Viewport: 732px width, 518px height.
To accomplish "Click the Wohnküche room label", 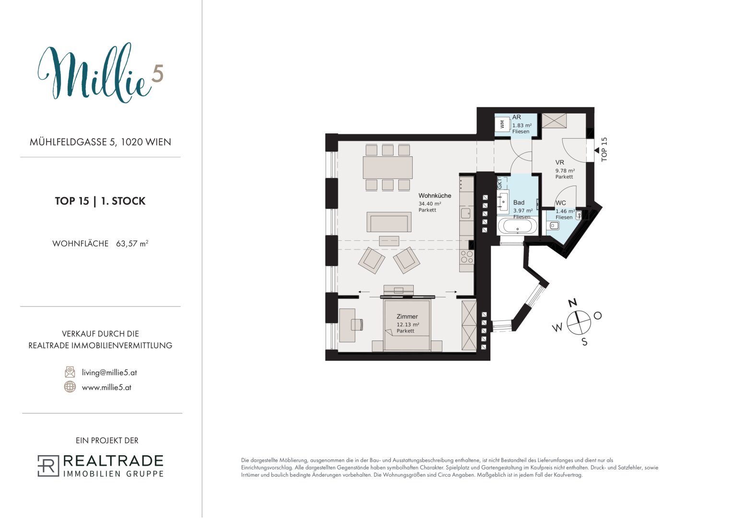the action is [x=435, y=196].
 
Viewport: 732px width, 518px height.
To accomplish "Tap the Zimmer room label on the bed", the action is [x=407, y=317].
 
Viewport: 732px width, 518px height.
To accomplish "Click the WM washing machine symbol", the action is [x=502, y=124].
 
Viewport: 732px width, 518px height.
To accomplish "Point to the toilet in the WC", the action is [x=554, y=225].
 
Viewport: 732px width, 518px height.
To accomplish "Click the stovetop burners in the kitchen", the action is [x=466, y=257].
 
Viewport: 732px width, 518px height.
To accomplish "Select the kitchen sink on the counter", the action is [x=465, y=213].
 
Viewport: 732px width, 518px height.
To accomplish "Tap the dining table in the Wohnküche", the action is [x=387, y=167].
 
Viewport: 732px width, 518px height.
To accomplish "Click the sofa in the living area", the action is [x=389, y=222].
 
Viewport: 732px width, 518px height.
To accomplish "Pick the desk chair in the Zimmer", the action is [x=357, y=324].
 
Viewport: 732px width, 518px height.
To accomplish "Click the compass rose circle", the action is [x=579, y=323].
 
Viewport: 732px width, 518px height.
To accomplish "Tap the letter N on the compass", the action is [x=572, y=303].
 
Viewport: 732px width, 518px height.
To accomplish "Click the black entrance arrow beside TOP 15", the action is [x=596, y=151].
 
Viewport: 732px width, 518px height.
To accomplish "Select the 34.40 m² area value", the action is [x=430, y=204].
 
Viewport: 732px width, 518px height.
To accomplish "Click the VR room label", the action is [x=559, y=162].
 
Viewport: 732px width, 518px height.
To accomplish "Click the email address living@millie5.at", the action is [x=109, y=373].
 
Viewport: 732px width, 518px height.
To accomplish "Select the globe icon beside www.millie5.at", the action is [x=70, y=387].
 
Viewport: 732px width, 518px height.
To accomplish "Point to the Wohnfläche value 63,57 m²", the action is [x=132, y=244].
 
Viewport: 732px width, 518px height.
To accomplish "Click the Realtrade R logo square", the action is [x=48, y=466].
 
